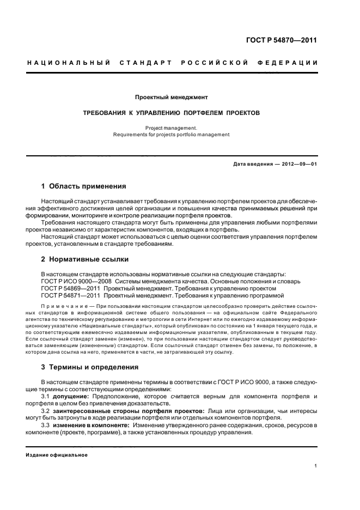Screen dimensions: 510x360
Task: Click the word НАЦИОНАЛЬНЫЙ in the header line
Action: pyautogui.click(x=69, y=63)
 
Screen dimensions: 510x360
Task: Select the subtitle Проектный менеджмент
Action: pyautogui.click(x=172, y=98)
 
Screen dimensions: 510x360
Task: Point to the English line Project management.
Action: pyautogui.click(x=171, y=127)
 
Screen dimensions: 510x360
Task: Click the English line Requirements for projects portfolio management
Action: pyautogui.click(x=171, y=134)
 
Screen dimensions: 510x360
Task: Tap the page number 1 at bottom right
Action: pyautogui.click(x=315, y=466)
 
